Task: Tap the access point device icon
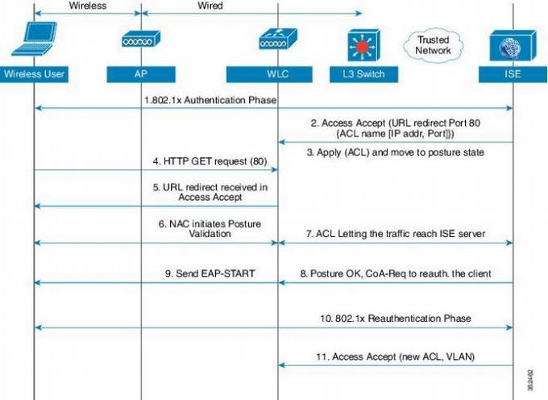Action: click(x=140, y=40)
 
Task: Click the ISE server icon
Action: click(x=513, y=44)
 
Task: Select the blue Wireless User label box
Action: click(x=34, y=74)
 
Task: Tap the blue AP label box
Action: click(x=140, y=74)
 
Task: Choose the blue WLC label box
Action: click(x=278, y=74)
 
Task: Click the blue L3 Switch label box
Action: click(x=358, y=74)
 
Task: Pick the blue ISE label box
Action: click(x=513, y=74)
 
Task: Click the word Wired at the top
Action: click(x=210, y=6)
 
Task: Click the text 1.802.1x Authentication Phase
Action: click(x=210, y=100)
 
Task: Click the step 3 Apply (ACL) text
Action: click(x=396, y=152)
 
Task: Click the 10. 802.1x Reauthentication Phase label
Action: click(x=395, y=319)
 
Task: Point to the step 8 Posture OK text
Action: click(x=395, y=273)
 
